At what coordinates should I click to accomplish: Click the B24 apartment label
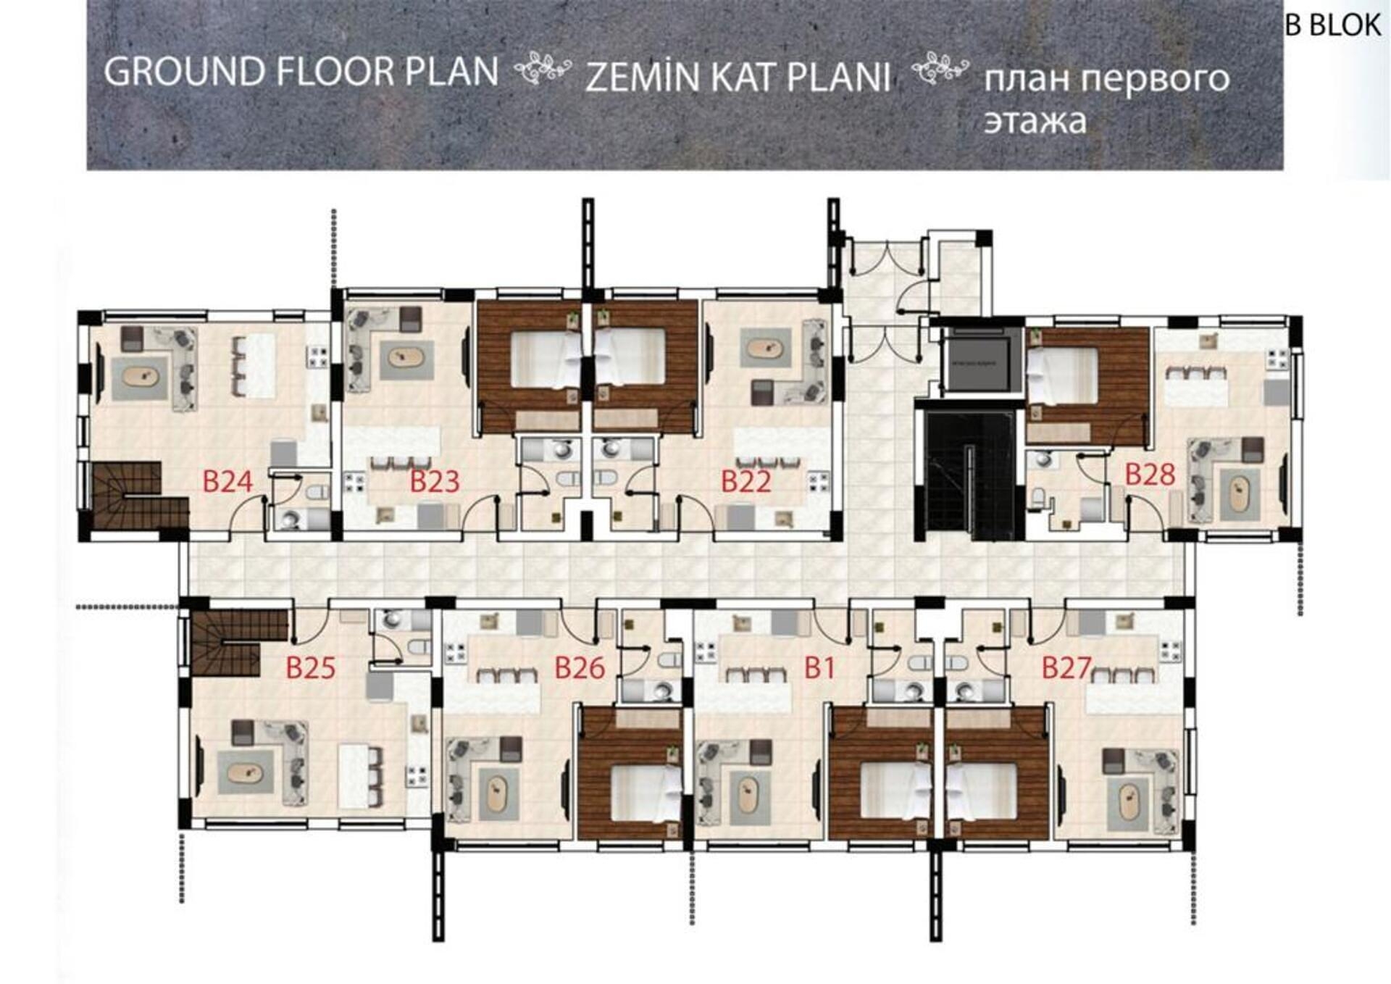click(227, 482)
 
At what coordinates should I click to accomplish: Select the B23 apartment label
click(435, 482)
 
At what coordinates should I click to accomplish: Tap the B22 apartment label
click(746, 482)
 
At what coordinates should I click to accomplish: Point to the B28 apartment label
click(1150, 475)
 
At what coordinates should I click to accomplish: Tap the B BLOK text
click(1333, 25)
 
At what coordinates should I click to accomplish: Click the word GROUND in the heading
click(185, 72)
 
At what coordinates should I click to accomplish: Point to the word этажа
click(1035, 121)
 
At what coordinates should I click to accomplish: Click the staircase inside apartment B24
click(138, 496)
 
